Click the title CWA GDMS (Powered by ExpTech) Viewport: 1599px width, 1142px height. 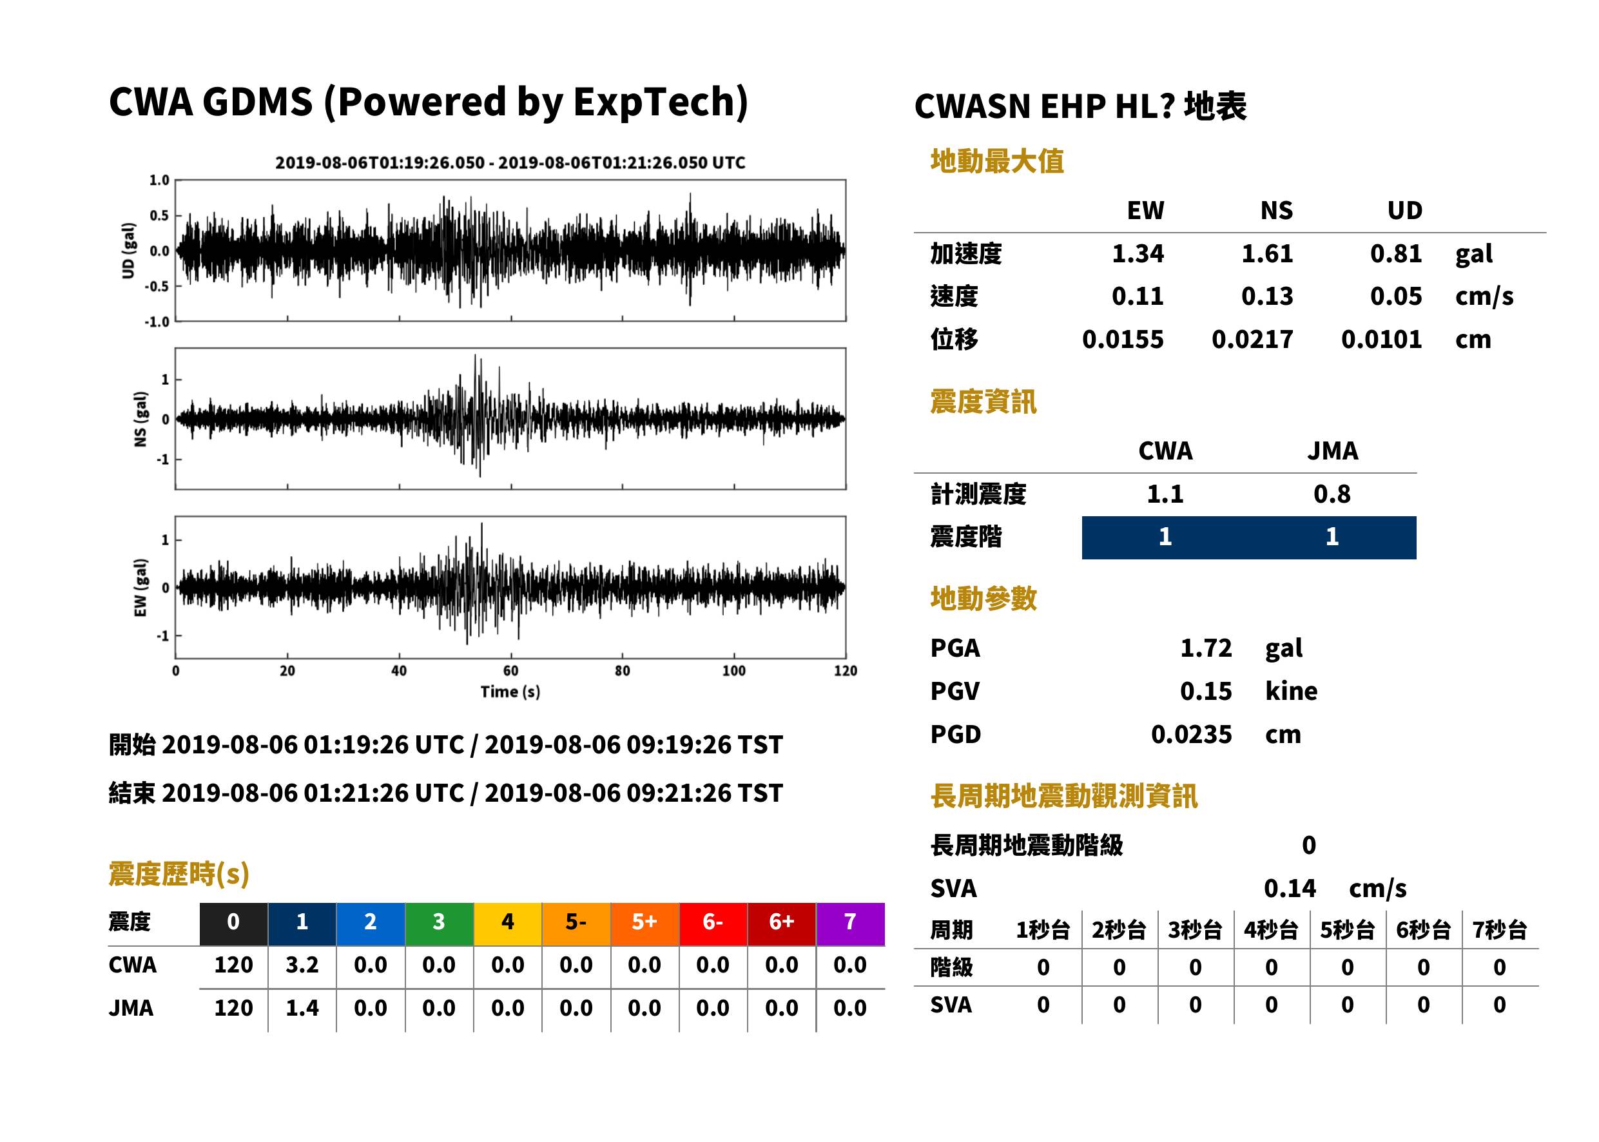pyautogui.click(x=428, y=102)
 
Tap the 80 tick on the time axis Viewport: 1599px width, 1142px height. pyautogui.click(x=623, y=671)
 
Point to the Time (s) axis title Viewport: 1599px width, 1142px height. pyautogui.click(x=510, y=692)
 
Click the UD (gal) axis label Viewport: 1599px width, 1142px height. pyautogui.click(x=128, y=251)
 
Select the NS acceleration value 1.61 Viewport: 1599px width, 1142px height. pyautogui.click(x=1266, y=254)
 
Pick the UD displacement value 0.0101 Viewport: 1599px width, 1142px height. pyautogui.click(x=1381, y=340)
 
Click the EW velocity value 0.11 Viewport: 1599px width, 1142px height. pyautogui.click(x=1137, y=296)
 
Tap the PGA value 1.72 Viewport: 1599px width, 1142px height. pyautogui.click(x=1205, y=648)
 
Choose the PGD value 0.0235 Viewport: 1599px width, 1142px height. pyautogui.click(x=1191, y=735)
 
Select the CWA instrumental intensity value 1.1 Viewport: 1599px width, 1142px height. pyautogui.click(x=1165, y=494)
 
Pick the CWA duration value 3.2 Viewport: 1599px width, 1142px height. pyautogui.click(x=302, y=965)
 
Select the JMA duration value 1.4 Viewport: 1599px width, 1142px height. pyautogui.click(x=302, y=1009)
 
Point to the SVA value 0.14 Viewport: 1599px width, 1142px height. pyautogui.click(x=1290, y=889)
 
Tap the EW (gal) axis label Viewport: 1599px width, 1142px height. pyautogui.click(x=141, y=588)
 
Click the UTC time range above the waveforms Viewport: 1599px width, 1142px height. pyautogui.click(x=510, y=163)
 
